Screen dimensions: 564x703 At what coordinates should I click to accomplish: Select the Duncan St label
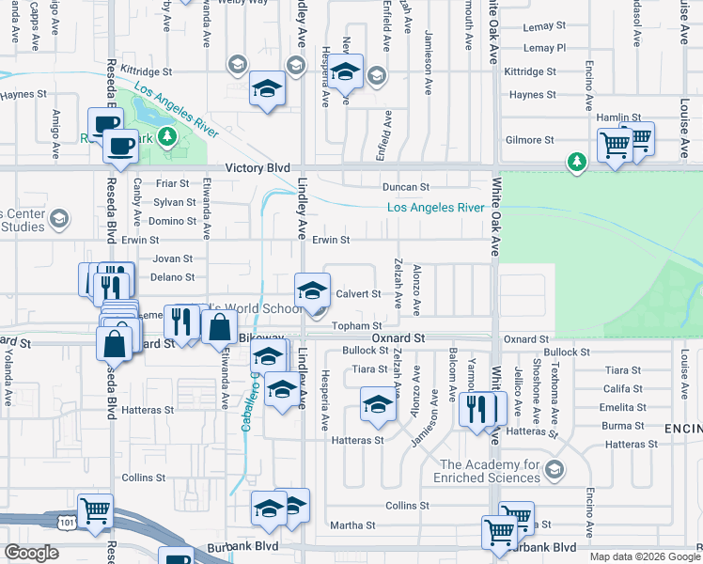coord(405,187)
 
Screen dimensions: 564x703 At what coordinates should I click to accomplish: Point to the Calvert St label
coord(358,294)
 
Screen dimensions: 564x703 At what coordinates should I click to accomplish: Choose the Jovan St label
coord(172,258)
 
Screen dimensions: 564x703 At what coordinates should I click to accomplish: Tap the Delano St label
coord(172,277)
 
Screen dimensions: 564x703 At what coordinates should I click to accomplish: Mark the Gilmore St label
coord(529,140)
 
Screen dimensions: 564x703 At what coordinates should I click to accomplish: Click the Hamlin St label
coord(617,118)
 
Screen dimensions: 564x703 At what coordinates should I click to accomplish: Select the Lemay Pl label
coord(545,48)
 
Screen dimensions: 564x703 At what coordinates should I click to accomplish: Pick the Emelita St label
coord(622,407)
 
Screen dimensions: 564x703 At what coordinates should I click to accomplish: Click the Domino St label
coord(173,222)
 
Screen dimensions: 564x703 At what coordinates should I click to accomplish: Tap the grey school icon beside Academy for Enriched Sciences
coord(555,468)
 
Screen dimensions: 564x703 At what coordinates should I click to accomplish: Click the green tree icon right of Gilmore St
coord(575,162)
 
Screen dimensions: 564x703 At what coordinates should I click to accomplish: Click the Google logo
coord(31,553)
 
